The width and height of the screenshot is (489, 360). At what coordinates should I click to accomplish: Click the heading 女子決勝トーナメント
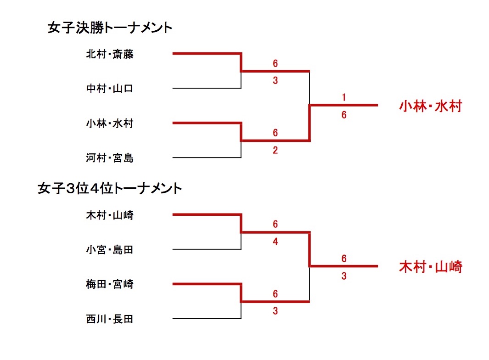click(110, 28)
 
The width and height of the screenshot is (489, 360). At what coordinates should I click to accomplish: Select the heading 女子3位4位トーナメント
click(110, 189)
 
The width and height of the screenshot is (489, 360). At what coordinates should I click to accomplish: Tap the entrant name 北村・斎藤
click(110, 54)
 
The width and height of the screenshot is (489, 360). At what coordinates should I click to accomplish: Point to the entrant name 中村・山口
click(110, 89)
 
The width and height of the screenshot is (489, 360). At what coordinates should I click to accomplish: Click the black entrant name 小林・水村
click(110, 123)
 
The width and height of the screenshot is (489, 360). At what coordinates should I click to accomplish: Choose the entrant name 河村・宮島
click(110, 158)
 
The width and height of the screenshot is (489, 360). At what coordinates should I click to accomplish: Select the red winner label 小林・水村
click(430, 107)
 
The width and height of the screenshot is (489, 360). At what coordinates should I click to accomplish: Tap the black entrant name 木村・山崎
click(110, 214)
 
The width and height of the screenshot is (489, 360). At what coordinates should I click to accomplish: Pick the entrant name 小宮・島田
click(110, 250)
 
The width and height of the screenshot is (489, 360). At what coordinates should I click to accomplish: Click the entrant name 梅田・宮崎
click(110, 284)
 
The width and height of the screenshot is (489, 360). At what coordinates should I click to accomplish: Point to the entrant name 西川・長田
click(110, 319)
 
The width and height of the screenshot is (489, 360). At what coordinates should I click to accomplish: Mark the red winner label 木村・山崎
click(430, 267)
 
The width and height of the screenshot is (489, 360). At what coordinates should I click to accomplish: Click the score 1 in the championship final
click(343, 97)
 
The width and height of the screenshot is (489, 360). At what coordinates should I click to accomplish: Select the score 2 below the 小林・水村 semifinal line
click(275, 150)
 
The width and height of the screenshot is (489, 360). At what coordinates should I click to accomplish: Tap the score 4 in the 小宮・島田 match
click(275, 242)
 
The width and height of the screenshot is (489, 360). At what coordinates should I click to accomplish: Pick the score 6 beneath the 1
click(343, 115)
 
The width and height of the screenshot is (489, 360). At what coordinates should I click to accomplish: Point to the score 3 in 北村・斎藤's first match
click(275, 81)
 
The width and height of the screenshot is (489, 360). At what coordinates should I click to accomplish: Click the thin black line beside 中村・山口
click(207, 88)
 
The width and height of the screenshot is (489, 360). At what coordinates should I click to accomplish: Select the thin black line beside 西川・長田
click(207, 318)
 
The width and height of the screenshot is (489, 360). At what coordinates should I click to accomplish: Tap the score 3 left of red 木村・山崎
click(343, 276)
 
